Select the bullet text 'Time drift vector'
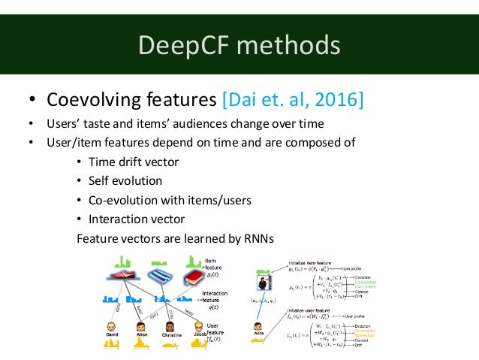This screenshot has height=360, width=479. click(132, 162)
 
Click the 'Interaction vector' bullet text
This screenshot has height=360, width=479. click(136, 219)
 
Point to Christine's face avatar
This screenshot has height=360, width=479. click(169, 328)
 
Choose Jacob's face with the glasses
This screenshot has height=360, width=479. click(199, 327)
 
